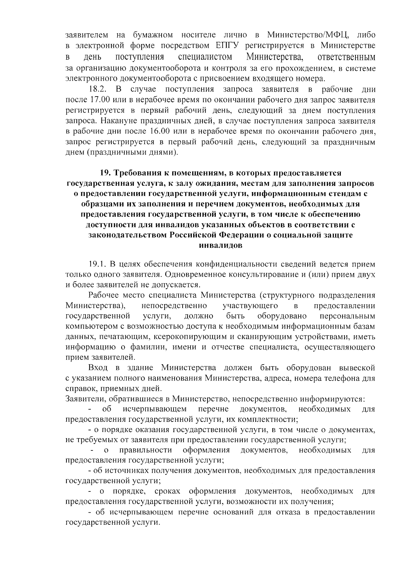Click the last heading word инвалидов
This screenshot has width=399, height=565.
pos(220,246)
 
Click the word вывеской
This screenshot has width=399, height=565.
pos(357,368)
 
